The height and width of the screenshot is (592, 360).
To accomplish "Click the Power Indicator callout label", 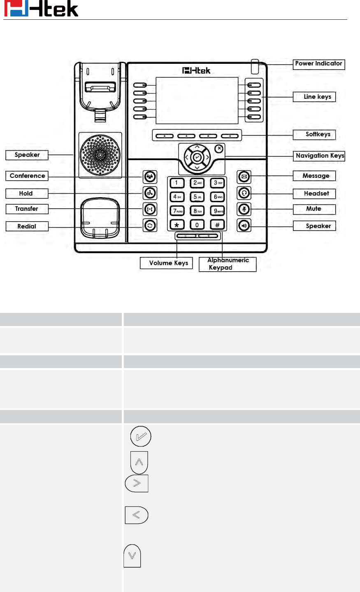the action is click(318, 64).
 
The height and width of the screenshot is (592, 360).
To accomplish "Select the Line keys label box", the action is click(314, 97).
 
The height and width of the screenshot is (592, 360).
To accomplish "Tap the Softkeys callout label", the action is click(314, 135).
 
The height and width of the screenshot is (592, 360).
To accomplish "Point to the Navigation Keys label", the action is click(319, 156).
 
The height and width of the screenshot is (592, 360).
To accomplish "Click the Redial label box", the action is click(27, 226).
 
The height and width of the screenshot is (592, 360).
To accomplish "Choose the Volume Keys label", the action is click(166, 263).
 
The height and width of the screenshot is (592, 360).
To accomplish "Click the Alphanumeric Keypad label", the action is click(228, 264).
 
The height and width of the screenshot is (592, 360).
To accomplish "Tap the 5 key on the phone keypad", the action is click(197, 197).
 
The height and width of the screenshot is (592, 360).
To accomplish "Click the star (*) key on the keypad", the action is click(177, 225).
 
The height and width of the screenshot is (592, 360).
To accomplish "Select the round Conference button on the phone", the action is click(150, 177).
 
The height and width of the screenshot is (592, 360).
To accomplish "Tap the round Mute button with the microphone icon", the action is click(244, 209).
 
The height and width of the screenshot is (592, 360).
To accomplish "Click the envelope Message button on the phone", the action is click(244, 177).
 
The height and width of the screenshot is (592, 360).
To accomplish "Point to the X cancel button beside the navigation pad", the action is click(219, 149).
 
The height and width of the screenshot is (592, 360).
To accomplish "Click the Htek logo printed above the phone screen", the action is click(196, 71).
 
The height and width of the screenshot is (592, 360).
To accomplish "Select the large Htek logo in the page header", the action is click(41, 9).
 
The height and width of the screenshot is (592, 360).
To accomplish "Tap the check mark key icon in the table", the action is click(141, 436).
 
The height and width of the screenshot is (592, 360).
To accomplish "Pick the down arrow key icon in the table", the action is click(132, 556).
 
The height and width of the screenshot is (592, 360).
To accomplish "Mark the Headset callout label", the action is click(314, 193).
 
